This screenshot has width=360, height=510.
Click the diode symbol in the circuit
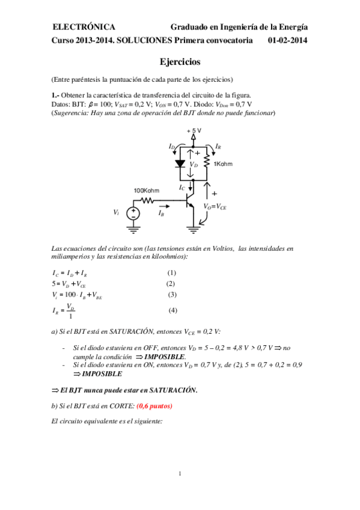point(180,163)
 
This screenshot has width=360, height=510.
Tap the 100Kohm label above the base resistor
point(146,191)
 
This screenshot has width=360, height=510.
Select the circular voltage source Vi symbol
point(133,212)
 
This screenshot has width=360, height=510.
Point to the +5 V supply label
point(194,131)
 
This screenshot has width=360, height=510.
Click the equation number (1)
point(171,272)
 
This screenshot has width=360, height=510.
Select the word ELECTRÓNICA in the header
point(84,26)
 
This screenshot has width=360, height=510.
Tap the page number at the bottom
point(180,475)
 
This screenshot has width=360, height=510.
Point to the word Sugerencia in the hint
point(71,113)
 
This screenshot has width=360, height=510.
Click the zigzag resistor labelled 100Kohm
point(147,200)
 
